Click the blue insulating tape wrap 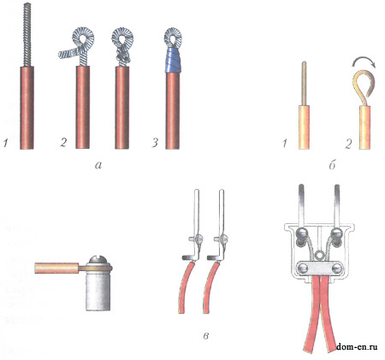173,60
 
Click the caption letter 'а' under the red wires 98,164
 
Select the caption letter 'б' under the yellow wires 332,164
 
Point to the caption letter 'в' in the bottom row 206,336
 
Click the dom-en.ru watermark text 357,347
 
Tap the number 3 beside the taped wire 155,143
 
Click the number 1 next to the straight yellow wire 284,144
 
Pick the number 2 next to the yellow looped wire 347,144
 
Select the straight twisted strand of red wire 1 27,35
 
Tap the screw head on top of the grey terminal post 98,260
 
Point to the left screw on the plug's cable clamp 303,269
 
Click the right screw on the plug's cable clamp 336,269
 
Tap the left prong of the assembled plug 301,204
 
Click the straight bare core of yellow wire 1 305,84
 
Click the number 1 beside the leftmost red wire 5,143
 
